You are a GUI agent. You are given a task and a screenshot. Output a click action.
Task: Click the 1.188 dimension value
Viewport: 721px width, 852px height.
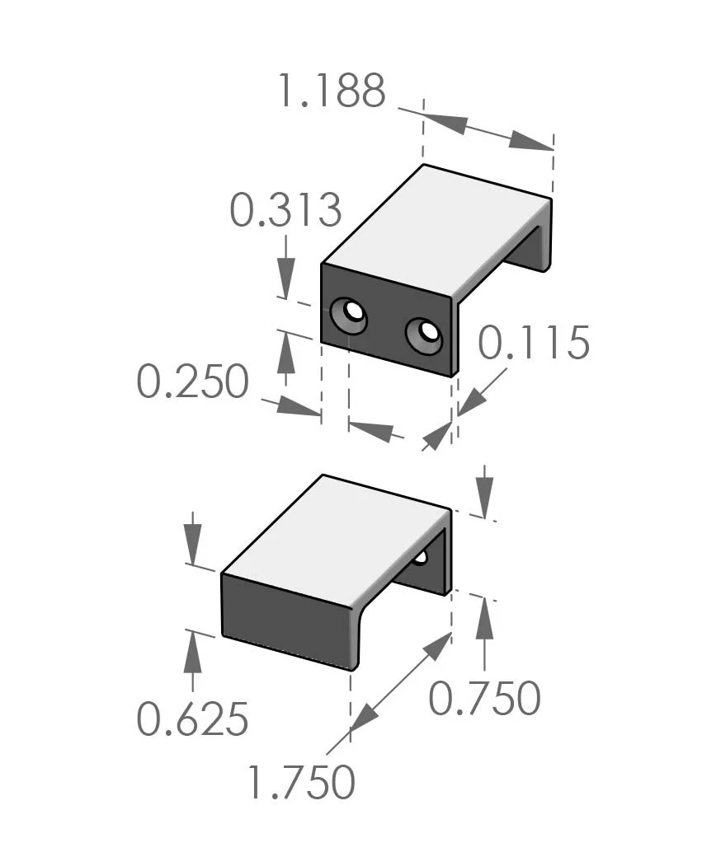coord(330,91)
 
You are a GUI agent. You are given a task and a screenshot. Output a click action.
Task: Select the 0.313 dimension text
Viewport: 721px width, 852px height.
coord(285,210)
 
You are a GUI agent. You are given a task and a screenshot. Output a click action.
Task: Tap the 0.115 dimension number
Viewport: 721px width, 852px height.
coord(534,343)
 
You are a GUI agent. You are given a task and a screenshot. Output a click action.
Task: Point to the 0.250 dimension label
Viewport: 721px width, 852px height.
coord(192,382)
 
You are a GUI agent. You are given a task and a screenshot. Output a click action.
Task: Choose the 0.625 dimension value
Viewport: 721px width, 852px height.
coord(192,720)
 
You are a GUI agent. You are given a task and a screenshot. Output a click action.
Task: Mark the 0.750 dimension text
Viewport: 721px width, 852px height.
coord(484,699)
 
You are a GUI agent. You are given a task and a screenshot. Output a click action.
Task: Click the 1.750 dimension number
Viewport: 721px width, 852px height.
coord(301,782)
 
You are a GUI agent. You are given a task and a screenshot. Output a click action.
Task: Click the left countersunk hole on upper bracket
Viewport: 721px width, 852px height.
coord(350,315)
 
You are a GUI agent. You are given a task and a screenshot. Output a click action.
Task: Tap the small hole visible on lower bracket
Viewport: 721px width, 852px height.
coord(420,557)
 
